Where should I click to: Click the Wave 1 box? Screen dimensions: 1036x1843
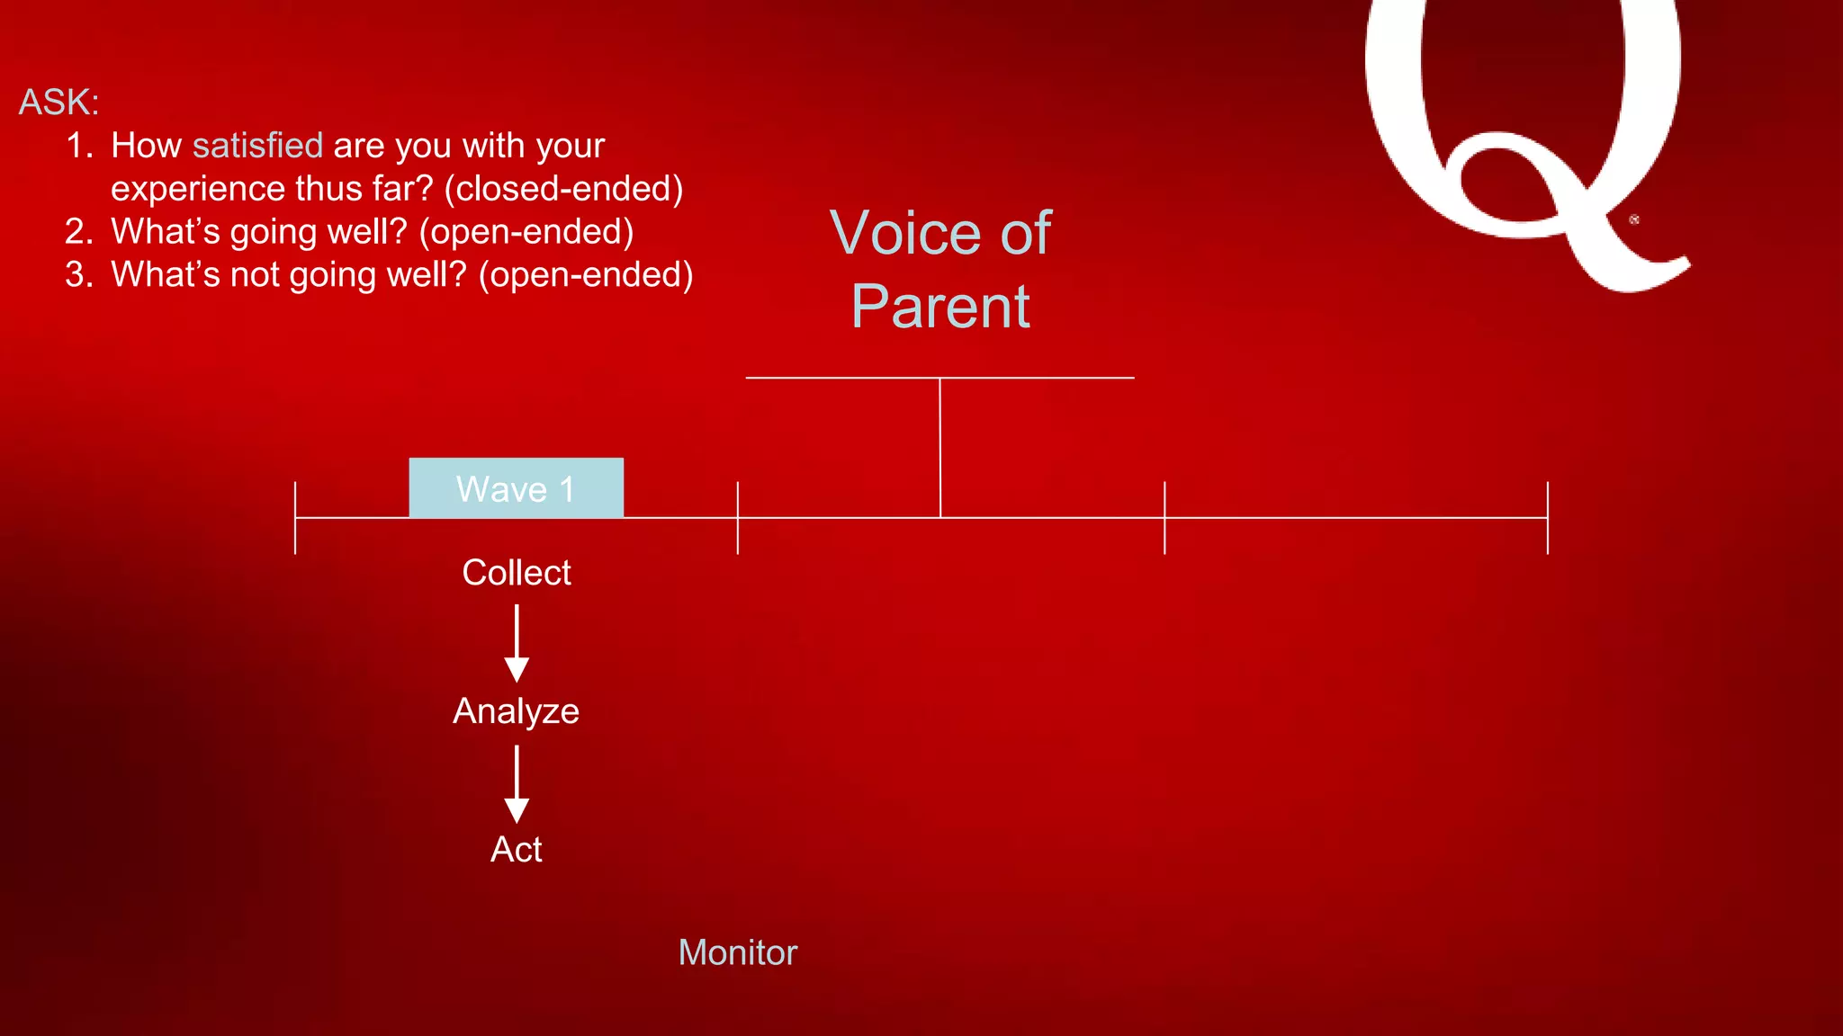516,488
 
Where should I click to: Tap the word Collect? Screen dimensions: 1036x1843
516,573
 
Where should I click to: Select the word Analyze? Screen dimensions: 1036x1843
516,711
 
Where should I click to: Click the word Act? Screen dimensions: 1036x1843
516,850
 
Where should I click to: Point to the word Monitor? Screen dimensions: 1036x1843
737,953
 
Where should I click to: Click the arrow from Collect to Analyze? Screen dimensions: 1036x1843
517,643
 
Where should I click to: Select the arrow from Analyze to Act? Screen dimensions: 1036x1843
517,783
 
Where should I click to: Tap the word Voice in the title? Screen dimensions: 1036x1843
905,234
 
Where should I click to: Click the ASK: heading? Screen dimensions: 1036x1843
58,103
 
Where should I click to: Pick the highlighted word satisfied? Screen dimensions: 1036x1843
257,146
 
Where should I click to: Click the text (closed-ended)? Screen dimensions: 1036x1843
563,189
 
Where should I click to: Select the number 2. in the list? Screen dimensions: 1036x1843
79,232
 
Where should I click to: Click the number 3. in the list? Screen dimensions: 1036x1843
79,275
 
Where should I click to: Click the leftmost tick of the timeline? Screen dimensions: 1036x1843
295,518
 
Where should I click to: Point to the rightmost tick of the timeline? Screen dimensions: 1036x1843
1547,518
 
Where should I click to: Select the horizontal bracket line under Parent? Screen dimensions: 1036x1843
1035,378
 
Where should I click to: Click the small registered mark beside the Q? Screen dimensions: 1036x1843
1634,219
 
